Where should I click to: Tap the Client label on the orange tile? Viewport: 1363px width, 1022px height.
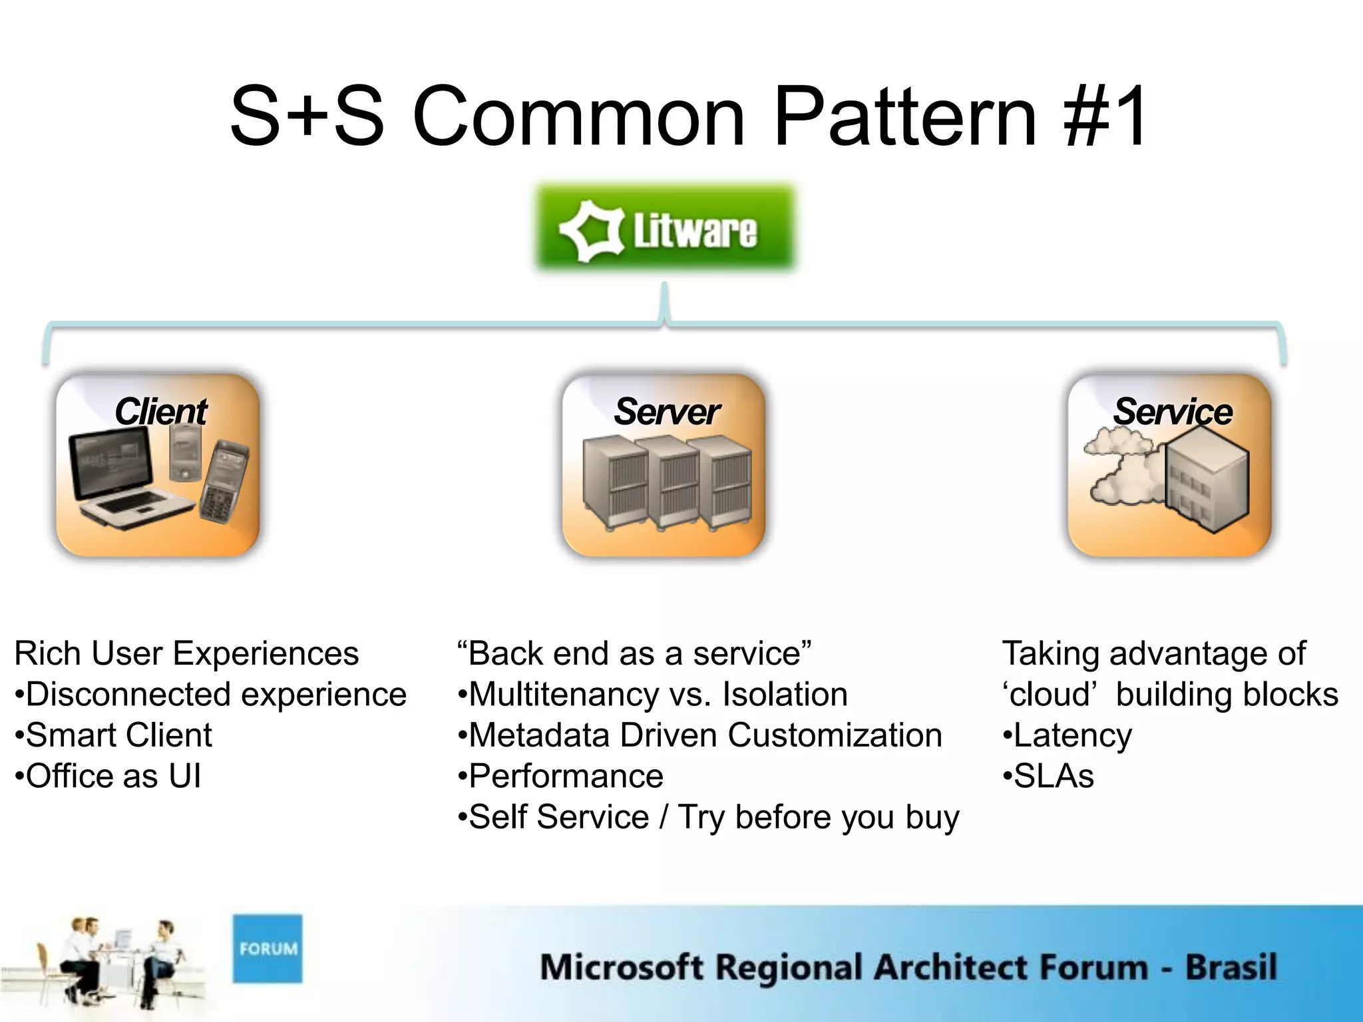click(161, 411)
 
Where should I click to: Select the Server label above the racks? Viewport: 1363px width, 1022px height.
click(666, 411)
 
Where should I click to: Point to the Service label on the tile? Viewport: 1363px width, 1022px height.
click(1173, 411)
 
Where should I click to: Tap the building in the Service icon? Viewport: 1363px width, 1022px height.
click(1206, 479)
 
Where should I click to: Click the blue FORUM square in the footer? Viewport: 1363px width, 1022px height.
click(268, 948)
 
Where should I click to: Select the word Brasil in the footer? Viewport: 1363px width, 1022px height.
click(1231, 967)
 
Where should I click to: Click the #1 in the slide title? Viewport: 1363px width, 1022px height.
click(1106, 116)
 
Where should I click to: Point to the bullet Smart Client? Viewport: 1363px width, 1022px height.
click(118, 735)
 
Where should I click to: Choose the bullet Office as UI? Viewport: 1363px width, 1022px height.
click(113, 776)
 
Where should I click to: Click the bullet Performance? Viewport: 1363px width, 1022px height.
click(566, 776)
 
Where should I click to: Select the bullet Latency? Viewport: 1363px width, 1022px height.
click(1072, 736)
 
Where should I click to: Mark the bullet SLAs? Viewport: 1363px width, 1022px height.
click(1054, 776)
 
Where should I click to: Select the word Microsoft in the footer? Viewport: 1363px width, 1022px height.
click(622, 967)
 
